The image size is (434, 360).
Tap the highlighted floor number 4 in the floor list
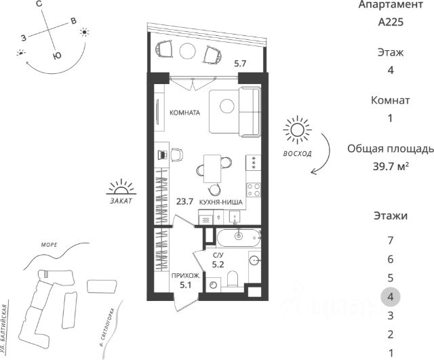tap(390, 296)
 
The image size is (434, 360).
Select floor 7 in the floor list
tap(390, 240)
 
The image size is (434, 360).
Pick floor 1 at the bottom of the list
tap(390, 352)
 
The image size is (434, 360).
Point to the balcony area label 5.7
tap(240, 63)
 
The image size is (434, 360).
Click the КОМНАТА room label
tap(184, 113)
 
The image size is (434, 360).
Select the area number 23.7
tap(185, 201)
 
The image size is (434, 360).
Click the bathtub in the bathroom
tap(237, 237)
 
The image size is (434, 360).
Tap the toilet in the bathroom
tap(232, 280)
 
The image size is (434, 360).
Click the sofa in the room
tap(235, 110)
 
